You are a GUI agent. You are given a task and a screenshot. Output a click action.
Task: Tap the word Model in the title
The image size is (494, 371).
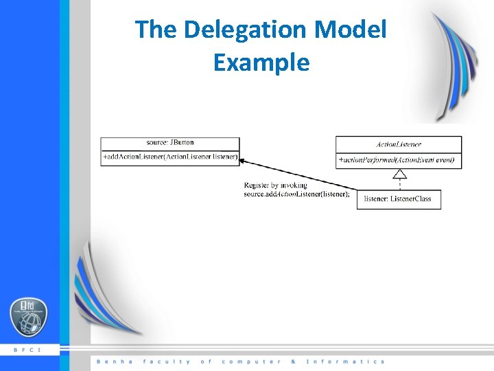pos(351,30)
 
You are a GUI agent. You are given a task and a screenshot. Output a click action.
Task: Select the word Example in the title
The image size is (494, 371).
pos(261,63)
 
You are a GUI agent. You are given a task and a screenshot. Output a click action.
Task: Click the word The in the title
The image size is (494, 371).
pos(156,30)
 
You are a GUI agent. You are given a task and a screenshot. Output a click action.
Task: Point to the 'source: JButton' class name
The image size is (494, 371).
pos(170,143)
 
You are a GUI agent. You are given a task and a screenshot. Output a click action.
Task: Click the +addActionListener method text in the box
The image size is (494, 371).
pos(170,157)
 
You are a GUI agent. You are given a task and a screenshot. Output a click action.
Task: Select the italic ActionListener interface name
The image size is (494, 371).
pos(399,144)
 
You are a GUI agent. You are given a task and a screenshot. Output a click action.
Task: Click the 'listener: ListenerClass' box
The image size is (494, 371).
pos(398,199)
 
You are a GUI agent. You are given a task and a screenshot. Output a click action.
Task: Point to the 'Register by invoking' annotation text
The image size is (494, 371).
pos(276,185)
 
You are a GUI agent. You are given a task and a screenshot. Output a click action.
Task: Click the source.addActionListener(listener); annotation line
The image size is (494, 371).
pos(296,194)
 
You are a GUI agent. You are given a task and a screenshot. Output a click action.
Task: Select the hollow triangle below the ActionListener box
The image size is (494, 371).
pos(400,173)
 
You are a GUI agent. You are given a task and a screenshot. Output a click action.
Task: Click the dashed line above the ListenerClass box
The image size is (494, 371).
pos(400,183)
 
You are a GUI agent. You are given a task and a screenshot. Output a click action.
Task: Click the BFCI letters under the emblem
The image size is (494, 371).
pos(27,350)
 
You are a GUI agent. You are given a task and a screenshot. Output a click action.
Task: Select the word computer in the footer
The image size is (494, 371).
pos(251,361)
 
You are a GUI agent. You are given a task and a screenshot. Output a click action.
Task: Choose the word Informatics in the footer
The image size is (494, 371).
pos(345,361)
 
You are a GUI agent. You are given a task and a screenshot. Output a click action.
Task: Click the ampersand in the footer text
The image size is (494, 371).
pos(293,361)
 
